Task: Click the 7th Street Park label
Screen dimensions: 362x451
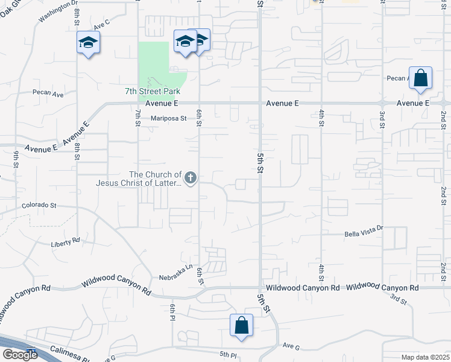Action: (x=153, y=91)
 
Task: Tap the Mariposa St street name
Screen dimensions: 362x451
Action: (x=169, y=118)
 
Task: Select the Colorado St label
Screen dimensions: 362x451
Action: (x=39, y=205)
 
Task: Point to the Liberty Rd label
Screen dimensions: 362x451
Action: (x=65, y=240)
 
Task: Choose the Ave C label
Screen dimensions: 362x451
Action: (x=101, y=22)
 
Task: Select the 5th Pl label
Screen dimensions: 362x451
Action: (x=229, y=354)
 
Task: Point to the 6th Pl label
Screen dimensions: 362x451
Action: (x=172, y=313)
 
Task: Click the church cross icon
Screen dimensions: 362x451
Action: (x=191, y=177)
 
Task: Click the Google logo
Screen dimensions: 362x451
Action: (x=20, y=355)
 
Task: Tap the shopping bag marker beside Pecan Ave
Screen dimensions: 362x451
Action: (x=420, y=78)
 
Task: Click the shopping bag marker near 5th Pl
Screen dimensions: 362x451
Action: (x=241, y=326)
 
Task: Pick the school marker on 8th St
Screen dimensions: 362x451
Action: (x=88, y=43)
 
